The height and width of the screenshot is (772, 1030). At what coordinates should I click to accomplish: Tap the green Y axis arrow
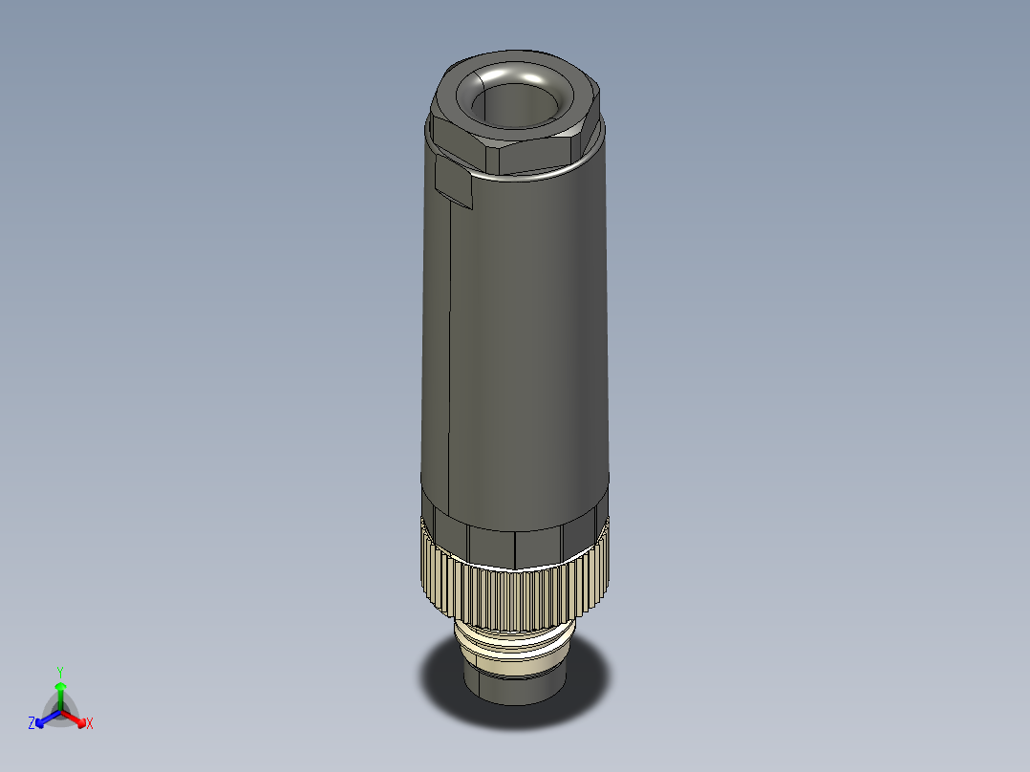point(60,693)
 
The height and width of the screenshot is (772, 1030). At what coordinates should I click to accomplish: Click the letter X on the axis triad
point(90,724)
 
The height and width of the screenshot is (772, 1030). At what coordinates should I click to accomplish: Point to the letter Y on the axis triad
point(60,672)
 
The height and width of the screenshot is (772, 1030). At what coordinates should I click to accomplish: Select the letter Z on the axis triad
point(32,723)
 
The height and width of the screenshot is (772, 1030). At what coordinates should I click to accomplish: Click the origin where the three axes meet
point(60,712)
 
